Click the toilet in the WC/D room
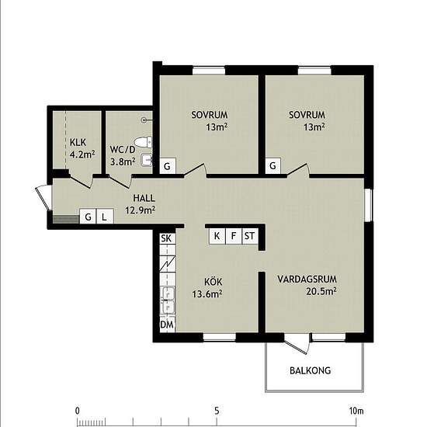(x=144, y=142)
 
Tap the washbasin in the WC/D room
(x=147, y=160)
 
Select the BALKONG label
(x=311, y=370)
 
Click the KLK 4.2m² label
(x=82, y=148)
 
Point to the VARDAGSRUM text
(x=307, y=279)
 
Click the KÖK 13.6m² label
(x=207, y=288)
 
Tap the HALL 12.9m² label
(x=141, y=204)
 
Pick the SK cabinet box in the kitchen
(x=167, y=238)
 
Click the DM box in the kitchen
(x=167, y=325)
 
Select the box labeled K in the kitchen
(x=217, y=236)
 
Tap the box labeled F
(x=234, y=236)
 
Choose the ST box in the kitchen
(x=250, y=236)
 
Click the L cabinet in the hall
(x=105, y=217)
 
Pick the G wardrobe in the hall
(x=88, y=217)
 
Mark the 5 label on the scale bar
(x=217, y=411)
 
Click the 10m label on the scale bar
(x=356, y=411)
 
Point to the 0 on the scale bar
(x=78, y=411)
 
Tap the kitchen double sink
(x=168, y=300)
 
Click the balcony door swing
(x=297, y=344)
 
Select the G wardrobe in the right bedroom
(x=273, y=165)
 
